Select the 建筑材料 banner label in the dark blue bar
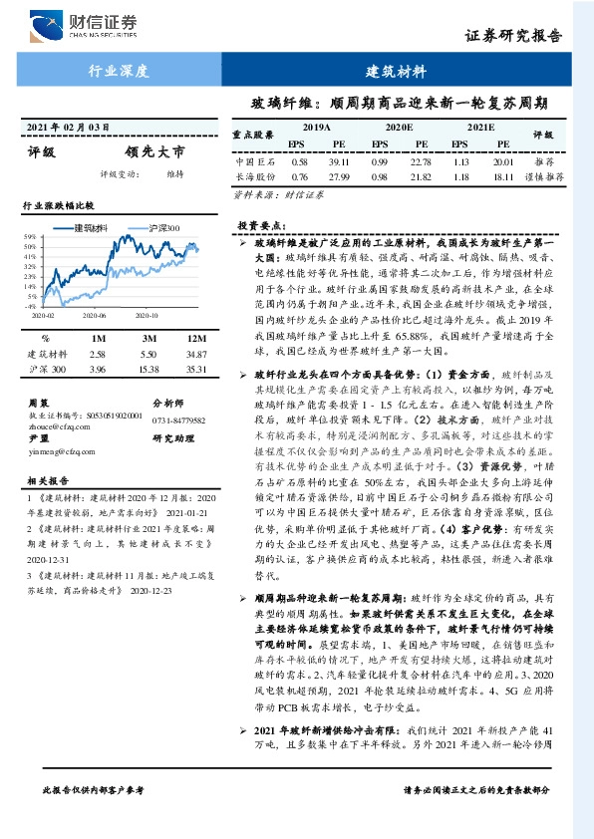396,72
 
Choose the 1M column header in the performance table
97,339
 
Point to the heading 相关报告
46,480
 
